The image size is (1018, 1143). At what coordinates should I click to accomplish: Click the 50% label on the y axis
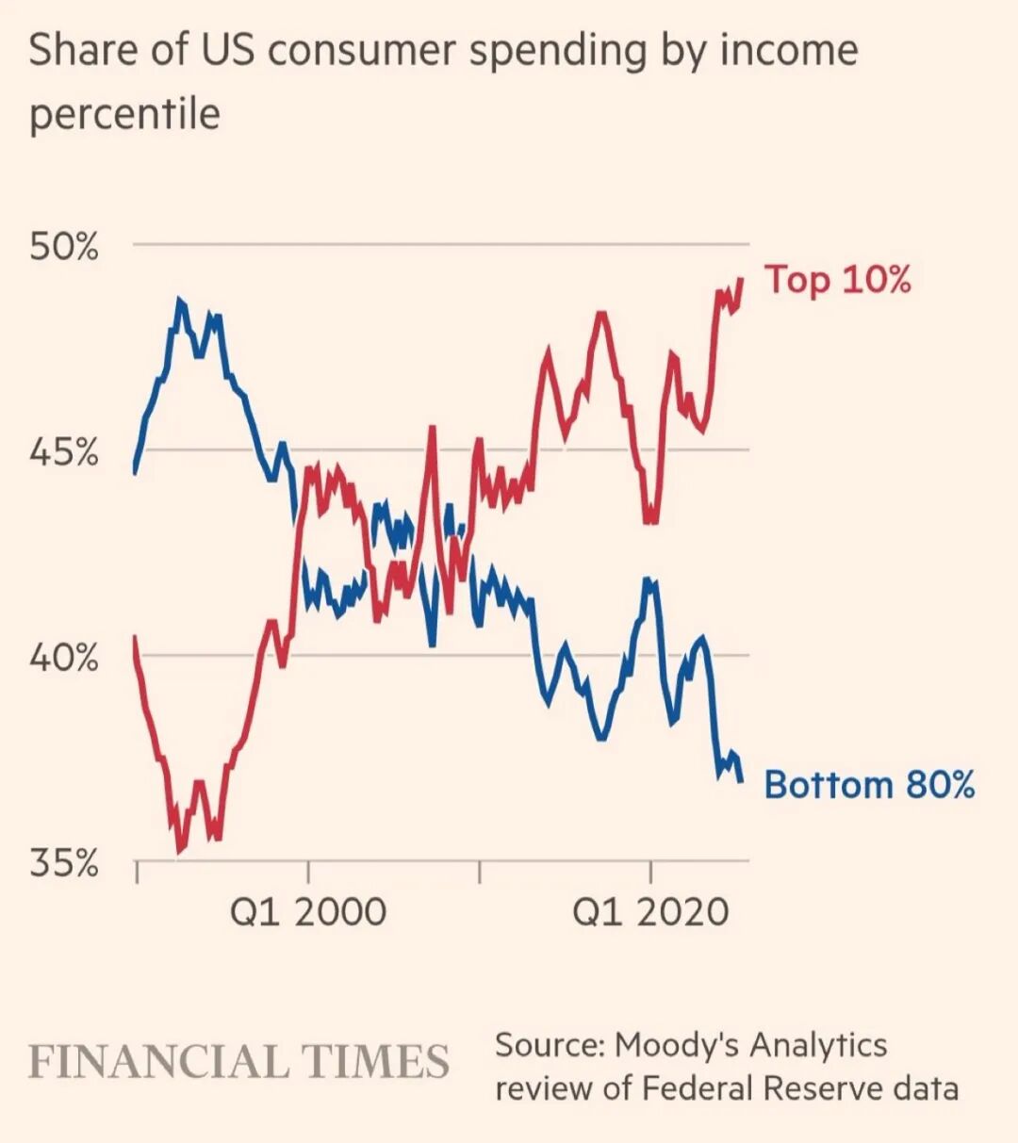point(63,247)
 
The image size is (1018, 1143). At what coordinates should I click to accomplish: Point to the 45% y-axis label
point(63,452)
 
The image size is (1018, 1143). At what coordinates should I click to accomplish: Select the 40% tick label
point(63,657)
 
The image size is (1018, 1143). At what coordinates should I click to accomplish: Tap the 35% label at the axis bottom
point(63,862)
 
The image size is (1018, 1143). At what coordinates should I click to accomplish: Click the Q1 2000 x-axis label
point(308,911)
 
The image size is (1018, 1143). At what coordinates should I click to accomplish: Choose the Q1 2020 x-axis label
point(651,911)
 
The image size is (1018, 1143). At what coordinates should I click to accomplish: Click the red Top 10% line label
point(837,280)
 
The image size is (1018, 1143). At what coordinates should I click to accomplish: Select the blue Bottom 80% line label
point(868,784)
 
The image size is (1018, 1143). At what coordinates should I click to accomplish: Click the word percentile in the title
point(124,114)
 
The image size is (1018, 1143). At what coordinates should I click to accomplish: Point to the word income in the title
point(789,49)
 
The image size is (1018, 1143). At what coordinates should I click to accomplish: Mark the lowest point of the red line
point(179,851)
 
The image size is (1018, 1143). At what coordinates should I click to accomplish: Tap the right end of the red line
point(742,279)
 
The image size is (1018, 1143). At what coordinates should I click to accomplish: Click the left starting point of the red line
point(134,637)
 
